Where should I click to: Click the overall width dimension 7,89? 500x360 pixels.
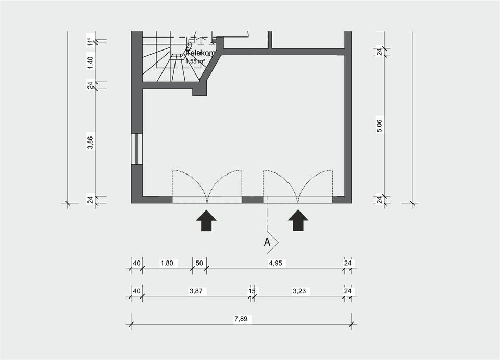(241, 319)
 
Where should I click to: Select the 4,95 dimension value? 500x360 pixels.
(275, 263)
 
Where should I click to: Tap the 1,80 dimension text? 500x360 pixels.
(167, 263)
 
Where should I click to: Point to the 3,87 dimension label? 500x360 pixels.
(196, 291)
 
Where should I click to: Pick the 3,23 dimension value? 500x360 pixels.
(299, 291)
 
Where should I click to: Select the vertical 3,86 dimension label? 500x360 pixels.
(90, 142)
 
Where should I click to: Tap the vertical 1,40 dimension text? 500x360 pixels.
(90, 61)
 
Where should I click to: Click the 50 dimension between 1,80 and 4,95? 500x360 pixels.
(199, 263)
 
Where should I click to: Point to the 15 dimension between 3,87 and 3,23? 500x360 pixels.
(252, 291)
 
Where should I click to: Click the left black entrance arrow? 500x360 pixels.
(207, 220)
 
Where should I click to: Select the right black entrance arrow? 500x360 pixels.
(298, 220)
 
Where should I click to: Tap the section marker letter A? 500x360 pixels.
(267, 242)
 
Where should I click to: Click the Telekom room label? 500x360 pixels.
(201, 53)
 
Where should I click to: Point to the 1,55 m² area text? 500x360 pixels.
(195, 61)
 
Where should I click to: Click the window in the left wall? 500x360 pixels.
(136, 149)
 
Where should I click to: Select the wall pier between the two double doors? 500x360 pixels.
(253, 200)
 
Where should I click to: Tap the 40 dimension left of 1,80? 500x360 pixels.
(136, 263)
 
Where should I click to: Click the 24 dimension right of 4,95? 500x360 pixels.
(347, 263)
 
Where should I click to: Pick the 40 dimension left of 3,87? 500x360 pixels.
(136, 291)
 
